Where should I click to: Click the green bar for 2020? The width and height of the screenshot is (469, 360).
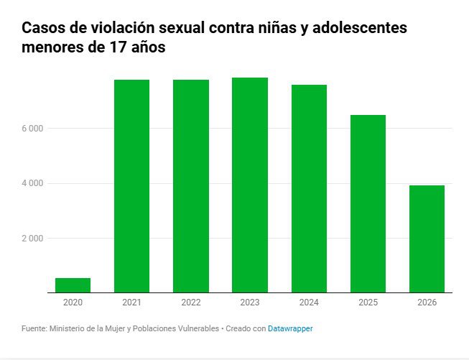[73, 285]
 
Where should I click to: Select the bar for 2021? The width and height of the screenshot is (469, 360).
[132, 186]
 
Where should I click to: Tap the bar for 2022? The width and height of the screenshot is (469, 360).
[191, 186]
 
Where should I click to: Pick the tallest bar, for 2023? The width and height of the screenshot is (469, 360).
[250, 185]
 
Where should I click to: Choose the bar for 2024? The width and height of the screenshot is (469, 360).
[309, 189]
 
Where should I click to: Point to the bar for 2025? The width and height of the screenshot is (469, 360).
[368, 204]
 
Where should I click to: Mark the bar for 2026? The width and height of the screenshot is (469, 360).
[427, 239]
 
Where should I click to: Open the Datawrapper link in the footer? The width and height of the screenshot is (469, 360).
[290, 328]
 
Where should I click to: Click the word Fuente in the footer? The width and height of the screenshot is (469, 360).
[34, 328]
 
